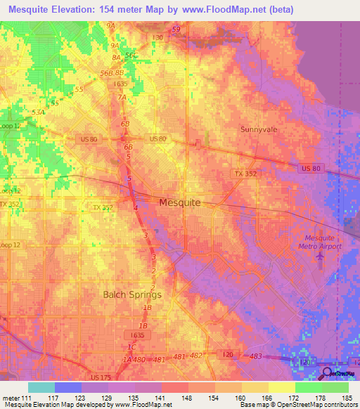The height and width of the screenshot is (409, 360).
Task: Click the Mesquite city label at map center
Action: pos(179,202)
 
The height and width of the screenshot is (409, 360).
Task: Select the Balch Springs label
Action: pos(133,294)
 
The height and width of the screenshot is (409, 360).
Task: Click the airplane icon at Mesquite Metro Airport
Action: pos(321,258)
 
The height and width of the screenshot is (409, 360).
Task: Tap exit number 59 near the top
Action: pos(176,29)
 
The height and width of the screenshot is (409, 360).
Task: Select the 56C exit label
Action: pos(131,55)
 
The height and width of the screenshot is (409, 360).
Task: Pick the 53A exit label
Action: pos(37,112)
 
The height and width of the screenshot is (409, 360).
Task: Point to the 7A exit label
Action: pos(122,97)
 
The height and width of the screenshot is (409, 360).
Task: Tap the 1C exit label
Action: pos(131,347)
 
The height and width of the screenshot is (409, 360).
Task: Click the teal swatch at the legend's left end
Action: pos(41,387)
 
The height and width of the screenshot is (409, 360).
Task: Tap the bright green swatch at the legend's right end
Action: pos(335,387)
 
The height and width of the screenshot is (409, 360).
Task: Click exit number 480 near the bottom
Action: pos(139,359)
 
